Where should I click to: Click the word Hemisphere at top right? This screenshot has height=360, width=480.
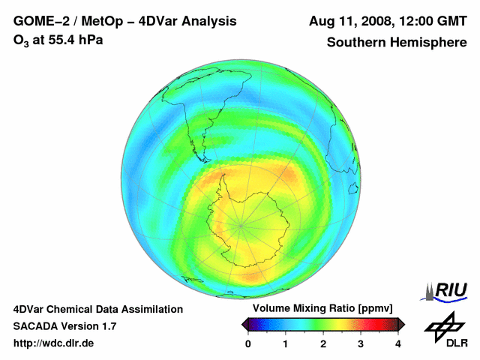pos(430,43)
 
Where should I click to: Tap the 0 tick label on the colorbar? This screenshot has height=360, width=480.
pos(248,343)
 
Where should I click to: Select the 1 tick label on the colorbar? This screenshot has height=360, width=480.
pos(286,343)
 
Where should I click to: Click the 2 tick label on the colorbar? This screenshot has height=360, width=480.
pos(323,343)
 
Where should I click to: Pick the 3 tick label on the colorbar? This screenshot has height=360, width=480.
pos(361,343)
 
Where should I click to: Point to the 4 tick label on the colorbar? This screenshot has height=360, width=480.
pos(398,343)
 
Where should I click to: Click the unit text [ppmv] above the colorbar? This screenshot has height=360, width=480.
pos(372,308)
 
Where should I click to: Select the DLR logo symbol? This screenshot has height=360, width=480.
pos(442,326)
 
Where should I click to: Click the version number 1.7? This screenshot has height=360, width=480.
pos(107,326)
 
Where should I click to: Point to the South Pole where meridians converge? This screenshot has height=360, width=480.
pos(241,223)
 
